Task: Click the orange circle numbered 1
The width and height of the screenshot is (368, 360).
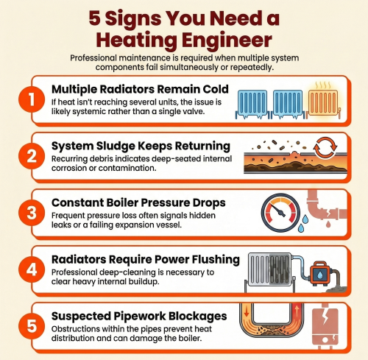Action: pos(32,99)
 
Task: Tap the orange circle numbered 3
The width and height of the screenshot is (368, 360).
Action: pos(32,213)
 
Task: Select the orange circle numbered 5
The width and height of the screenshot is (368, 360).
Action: pos(32,326)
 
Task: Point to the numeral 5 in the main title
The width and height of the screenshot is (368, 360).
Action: pos(94,18)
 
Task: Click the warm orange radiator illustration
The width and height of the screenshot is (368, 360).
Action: pos(323,103)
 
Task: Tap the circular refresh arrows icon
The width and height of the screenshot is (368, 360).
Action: pos(325,148)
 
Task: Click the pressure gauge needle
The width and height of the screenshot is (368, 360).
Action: pos(279,211)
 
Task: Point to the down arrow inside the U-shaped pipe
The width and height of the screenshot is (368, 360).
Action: pos(247,311)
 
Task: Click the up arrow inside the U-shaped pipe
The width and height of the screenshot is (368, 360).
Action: pos(297,310)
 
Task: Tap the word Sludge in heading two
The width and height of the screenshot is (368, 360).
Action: pos(115,147)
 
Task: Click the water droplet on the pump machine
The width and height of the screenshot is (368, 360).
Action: pos(319,275)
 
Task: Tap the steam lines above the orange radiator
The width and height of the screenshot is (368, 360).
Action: pos(323,85)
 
